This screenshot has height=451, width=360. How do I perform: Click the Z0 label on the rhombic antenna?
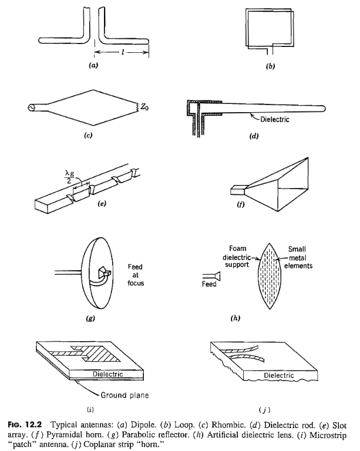(x=144, y=107)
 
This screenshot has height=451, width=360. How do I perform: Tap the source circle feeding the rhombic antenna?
(x=31, y=107)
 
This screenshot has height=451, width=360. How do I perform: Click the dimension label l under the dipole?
(x=123, y=52)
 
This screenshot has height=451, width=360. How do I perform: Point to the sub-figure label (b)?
(x=270, y=66)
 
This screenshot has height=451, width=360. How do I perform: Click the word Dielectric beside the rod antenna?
(x=275, y=119)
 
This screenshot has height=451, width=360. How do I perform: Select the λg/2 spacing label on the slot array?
(x=69, y=177)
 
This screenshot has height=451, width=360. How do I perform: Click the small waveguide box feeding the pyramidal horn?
(x=237, y=190)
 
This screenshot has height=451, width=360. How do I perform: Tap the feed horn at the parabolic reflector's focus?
(x=104, y=272)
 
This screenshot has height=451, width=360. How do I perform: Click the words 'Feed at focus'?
(x=136, y=275)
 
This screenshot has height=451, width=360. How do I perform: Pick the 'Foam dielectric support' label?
(x=237, y=256)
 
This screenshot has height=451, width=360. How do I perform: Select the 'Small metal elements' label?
(x=298, y=257)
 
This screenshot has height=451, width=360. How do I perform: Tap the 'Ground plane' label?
(x=125, y=395)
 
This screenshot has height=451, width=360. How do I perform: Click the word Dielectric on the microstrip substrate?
(x=108, y=374)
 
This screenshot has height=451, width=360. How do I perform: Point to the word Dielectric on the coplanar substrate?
(x=278, y=375)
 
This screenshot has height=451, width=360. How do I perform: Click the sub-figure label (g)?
(x=90, y=318)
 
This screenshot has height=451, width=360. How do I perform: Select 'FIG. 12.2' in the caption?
(x=25, y=424)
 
